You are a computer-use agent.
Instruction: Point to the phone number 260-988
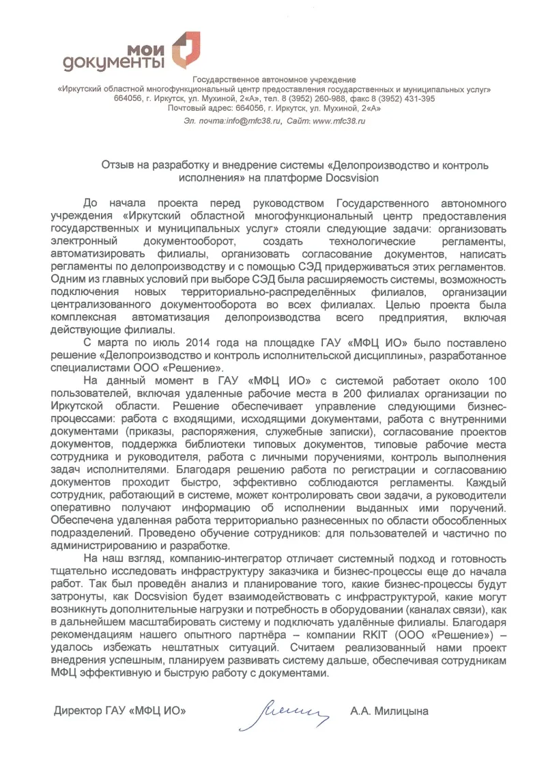pyautogui.click(x=336, y=98)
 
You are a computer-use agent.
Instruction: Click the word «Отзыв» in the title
pyautogui.click(x=117, y=165)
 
